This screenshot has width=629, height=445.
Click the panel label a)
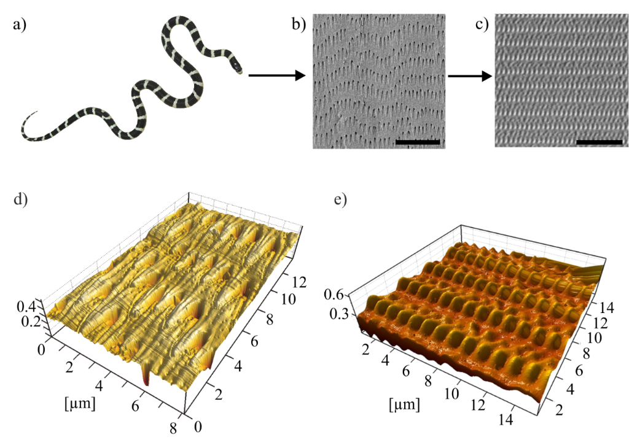point(20,25)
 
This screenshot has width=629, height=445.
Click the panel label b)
point(299,24)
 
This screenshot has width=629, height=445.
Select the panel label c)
point(482,24)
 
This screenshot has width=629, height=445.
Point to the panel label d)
point(20,199)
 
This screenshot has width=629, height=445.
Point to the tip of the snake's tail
point(37,112)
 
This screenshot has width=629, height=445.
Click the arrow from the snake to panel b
point(277,75)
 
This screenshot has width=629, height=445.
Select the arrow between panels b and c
point(470,75)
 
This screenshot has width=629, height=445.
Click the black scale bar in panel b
point(418,142)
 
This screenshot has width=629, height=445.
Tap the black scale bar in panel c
point(600,142)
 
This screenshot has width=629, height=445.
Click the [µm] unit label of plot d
point(80,403)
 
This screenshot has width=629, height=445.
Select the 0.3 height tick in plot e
point(339,314)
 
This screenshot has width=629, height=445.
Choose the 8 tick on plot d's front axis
point(173,428)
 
